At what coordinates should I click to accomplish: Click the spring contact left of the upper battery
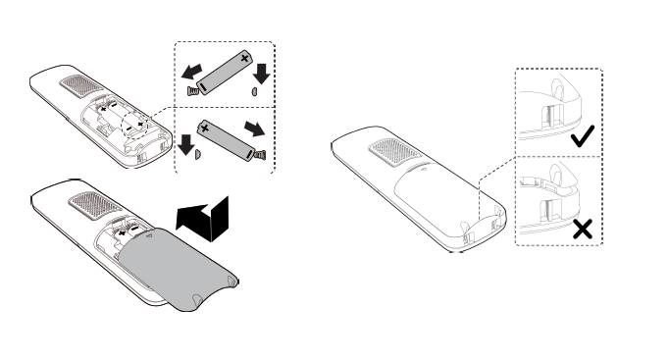(192, 90)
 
